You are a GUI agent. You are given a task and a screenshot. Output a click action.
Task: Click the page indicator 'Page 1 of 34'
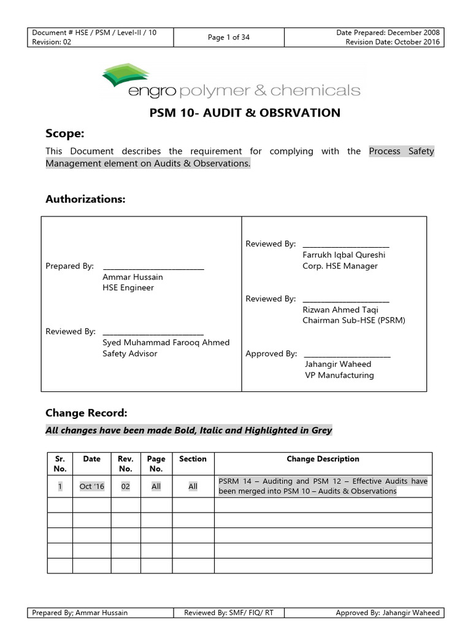pos(228,37)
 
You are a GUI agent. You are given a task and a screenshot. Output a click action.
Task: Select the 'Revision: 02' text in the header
pos(52,42)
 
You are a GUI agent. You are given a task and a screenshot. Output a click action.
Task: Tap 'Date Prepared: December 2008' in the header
pos(388,33)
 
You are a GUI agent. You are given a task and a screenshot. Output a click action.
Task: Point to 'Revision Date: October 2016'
pos(392,42)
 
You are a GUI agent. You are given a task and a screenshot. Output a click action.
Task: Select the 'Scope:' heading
pos(64,134)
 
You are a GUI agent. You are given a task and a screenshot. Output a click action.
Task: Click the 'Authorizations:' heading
pos(85,199)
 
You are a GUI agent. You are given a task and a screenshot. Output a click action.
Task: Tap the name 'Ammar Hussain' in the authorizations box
pos(132,277)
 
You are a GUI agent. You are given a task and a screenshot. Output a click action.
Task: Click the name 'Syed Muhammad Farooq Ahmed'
pos(166,342)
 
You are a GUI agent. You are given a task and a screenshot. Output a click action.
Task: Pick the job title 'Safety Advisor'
pos(129,353)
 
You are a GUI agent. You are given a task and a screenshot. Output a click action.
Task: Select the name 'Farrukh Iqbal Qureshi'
pos(343,255)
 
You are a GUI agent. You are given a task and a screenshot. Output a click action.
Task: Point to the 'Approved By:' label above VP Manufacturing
pos(271,354)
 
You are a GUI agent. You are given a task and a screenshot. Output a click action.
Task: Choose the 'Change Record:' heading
pos(86,413)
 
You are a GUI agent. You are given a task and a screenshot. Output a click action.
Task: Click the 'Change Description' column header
pos(323,459)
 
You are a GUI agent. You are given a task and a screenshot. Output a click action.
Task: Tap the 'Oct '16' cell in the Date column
pos(92,486)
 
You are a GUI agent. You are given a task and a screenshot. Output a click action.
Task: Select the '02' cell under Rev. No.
pos(125,486)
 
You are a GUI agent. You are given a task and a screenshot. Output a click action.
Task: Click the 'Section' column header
pos(193,459)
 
